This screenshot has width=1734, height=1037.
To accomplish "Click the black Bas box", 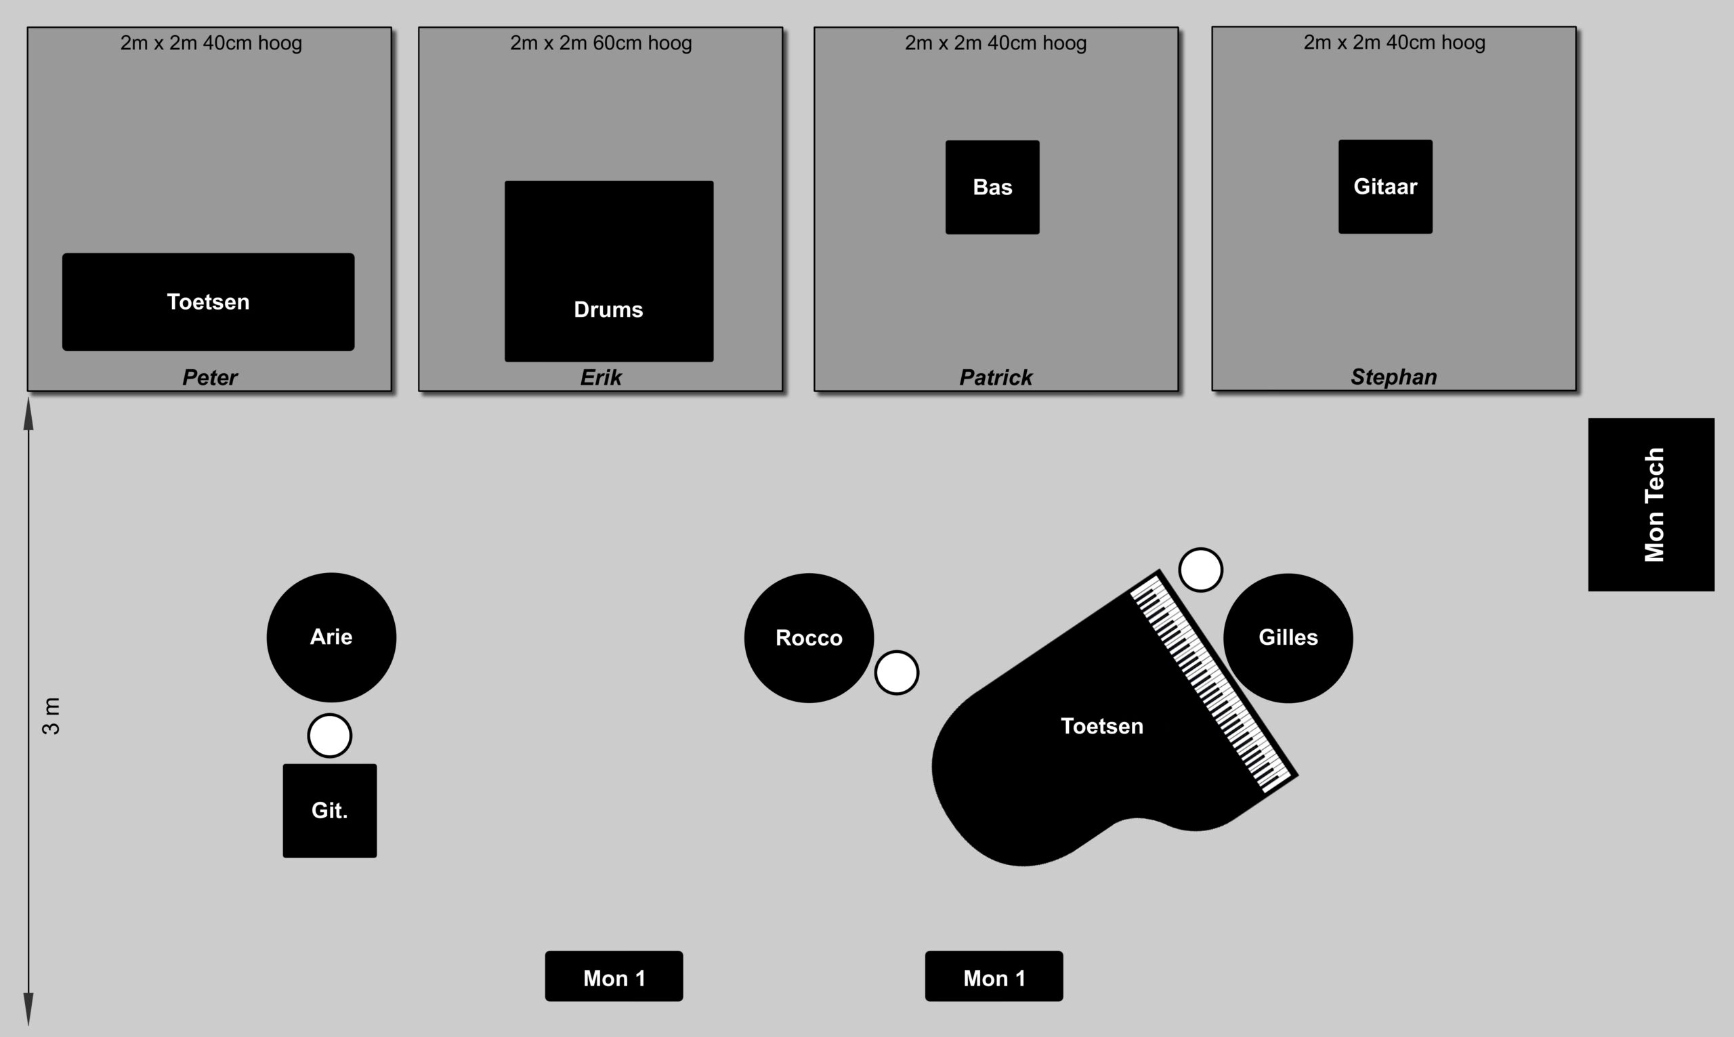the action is (x=992, y=187).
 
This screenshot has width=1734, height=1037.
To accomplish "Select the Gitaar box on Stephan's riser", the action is (x=1385, y=186).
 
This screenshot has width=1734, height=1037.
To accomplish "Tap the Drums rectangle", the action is (x=609, y=271).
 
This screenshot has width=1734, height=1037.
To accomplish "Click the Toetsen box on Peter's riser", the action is (x=208, y=302).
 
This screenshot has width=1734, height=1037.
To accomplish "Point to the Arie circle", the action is (x=331, y=637).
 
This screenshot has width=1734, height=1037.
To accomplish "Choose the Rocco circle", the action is (x=809, y=638).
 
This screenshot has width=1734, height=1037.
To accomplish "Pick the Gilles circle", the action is (x=1288, y=638).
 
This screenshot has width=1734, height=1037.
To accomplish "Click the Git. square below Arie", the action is (x=330, y=811).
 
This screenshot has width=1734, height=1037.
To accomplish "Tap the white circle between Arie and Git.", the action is (x=330, y=736).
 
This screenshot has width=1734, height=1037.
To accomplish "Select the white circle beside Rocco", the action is (x=897, y=673).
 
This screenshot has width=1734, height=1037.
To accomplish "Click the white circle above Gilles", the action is (x=1201, y=570).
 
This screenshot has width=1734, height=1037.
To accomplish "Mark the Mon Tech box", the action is (x=1651, y=505).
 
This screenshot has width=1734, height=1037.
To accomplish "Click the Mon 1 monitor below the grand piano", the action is (x=994, y=976).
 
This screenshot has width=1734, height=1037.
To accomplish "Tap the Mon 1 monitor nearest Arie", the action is (x=614, y=976).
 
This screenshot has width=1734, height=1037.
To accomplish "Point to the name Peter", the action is (x=209, y=377).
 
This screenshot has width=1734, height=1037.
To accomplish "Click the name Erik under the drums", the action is (x=601, y=377).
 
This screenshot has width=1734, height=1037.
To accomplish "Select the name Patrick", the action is (x=996, y=377).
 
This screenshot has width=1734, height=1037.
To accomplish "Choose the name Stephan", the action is (x=1394, y=377).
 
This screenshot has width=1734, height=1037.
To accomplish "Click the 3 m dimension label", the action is (x=51, y=716).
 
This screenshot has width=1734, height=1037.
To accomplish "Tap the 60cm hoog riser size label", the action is (x=601, y=43).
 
